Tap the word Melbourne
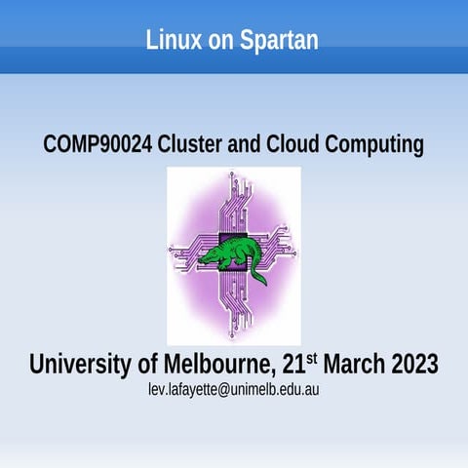coord(216,365)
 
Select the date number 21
coord(292,365)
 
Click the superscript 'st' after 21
coord(312,358)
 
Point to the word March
coord(356,365)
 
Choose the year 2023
coord(416,365)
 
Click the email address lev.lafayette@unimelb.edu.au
coord(234,389)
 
